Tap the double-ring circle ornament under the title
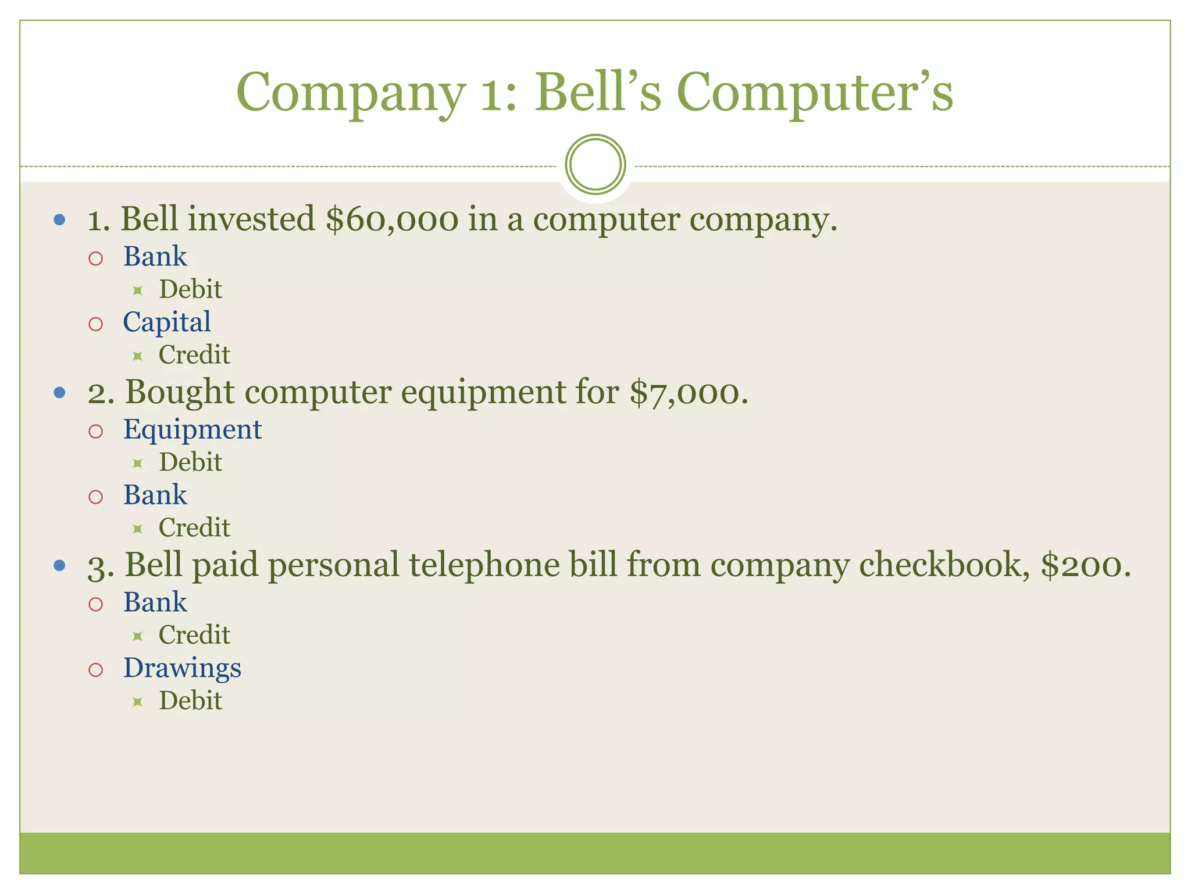coord(595,164)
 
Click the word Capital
coord(167,322)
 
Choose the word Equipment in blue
coord(192,430)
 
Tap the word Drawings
coord(182,668)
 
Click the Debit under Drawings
coord(191,701)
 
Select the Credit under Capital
coord(194,355)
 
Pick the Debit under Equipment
coord(191,463)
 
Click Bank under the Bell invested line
coord(155,257)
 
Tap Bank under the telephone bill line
coord(155,602)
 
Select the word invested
coord(252,219)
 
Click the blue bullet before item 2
coord(59,393)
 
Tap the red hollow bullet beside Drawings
coord(96,669)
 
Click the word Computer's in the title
coord(814,93)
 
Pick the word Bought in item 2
coord(180,392)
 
